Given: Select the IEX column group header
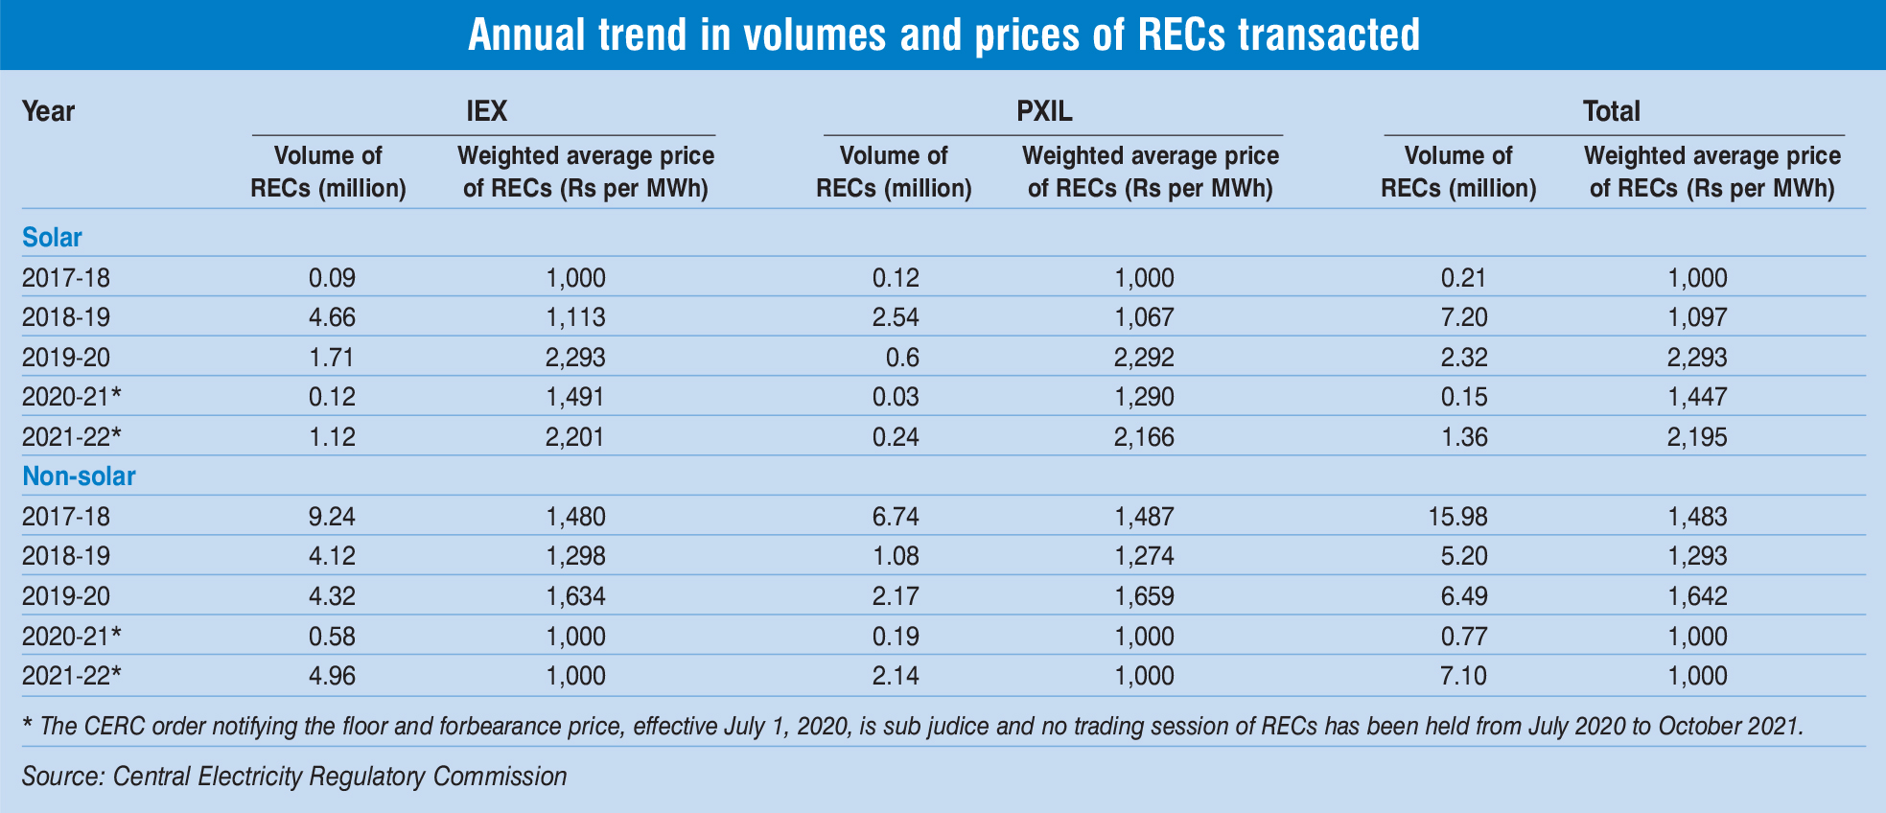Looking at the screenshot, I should [486, 111].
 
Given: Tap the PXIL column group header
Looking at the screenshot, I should [1044, 111].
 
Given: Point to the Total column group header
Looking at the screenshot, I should [1611, 111].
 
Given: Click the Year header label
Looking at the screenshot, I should [48, 111].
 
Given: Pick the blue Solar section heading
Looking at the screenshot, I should [52, 237].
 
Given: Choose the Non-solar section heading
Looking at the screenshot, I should [79, 476].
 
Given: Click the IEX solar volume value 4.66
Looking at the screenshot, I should [332, 318].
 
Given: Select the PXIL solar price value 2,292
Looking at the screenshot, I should [1144, 358].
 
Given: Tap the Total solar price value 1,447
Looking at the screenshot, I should [1698, 398].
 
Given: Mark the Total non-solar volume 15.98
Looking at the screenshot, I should [1458, 517].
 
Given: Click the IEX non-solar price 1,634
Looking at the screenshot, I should [575, 596].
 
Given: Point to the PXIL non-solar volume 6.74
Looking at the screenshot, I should [896, 517].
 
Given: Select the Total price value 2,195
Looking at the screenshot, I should [1698, 437].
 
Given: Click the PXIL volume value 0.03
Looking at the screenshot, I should [896, 398].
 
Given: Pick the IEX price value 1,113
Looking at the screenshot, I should [575, 318].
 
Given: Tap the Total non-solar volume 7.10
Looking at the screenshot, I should [1463, 676].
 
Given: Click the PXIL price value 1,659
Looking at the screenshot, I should [1144, 596].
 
